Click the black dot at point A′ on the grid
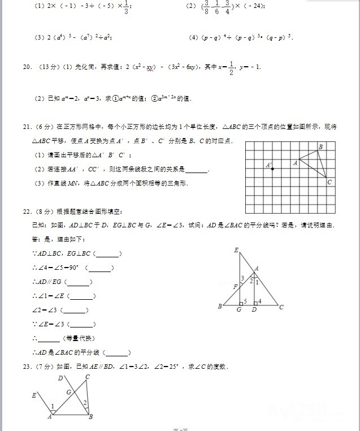point(272,169)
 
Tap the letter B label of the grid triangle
point(320,147)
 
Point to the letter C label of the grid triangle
point(329,182)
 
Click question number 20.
point(27,67)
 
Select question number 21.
point(27,127)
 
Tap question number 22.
point(27,212)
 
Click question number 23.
point(27,367)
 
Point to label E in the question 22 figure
point(235,250)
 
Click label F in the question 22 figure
point(235,287)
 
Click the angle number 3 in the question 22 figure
point(242,278)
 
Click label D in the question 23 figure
point(60,378)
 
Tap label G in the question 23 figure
point(68,392)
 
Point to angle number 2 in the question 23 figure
point(84,403)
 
